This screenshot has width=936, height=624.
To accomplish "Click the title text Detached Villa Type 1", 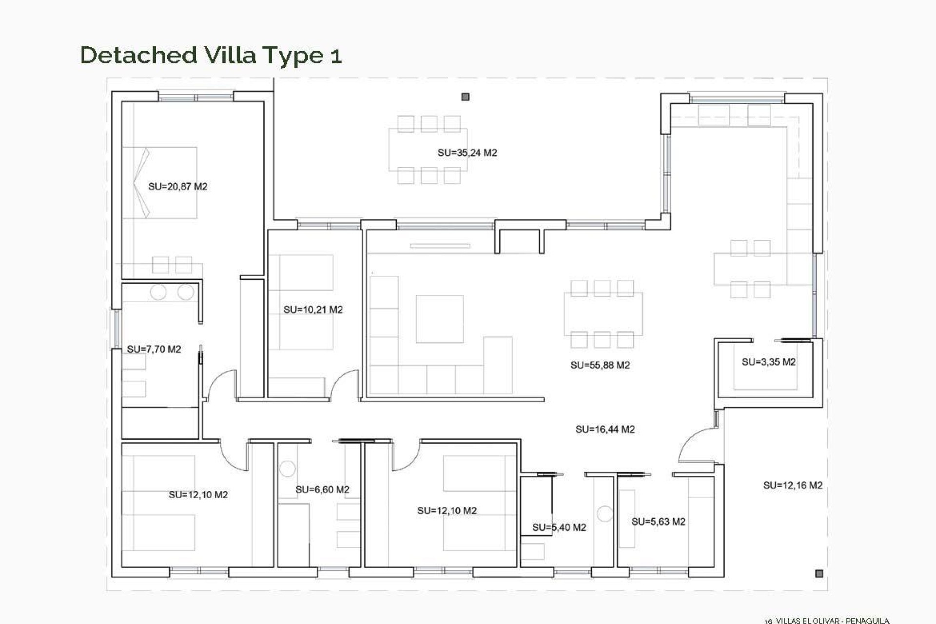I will (x=211, y=55).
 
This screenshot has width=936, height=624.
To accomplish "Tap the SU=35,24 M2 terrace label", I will (x=467, y=153).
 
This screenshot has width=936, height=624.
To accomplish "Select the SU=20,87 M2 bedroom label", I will (x=177, y=186).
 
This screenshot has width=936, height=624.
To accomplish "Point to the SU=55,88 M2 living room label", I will (x=600, y=365).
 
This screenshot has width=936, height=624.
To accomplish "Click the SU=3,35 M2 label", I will (x=768, y=362).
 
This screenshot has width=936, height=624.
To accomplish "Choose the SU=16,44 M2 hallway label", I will (x=604, y=429).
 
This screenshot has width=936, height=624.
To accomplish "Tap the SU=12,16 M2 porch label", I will (x=792, y=485).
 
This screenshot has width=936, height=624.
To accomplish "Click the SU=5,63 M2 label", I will (x=658, y=522).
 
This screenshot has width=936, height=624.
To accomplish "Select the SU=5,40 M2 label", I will (x=559, y=527).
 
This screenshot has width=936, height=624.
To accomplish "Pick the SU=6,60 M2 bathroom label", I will (x=322, y=489).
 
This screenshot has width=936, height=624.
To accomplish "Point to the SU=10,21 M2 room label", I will (x=313, y=310).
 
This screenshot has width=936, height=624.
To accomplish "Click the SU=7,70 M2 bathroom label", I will (x=154, y=349).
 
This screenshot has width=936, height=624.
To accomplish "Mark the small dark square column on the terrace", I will (x=465, y=97).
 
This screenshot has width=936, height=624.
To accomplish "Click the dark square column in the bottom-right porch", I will (x=819, y=573).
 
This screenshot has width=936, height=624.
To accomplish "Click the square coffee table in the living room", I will (x=439, y=319).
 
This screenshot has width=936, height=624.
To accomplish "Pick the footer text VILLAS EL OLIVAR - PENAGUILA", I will (x=832, y=621).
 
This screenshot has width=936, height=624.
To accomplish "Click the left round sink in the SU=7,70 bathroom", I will (x=158, y=292).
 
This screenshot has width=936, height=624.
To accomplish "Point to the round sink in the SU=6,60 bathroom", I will (x=288, y=468).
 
